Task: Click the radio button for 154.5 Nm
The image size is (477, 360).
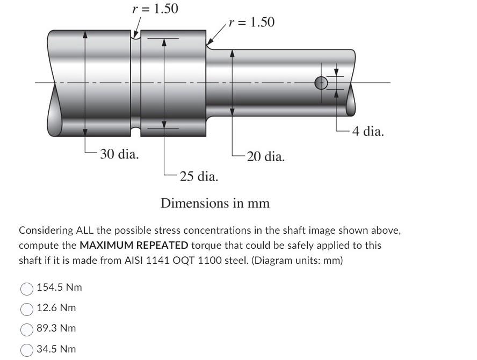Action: coord(27,289)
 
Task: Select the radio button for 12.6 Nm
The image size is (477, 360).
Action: coord(27,309)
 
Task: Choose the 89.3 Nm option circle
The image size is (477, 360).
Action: coord(27,329)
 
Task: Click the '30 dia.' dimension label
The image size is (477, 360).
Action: coord(119,155)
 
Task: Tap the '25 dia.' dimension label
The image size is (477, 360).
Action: coord(199,176)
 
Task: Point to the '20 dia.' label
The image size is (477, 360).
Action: coord(266,157)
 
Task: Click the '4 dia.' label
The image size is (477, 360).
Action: coord(368,131)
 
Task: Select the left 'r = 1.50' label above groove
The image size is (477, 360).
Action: coord(155,9)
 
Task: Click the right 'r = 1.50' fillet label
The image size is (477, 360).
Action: coord(251,22)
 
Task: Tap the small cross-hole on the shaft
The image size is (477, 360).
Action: coord(321,83)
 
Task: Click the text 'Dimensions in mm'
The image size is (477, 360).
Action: coord(215,204)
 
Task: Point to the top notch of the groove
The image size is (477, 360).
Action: coord(136,35)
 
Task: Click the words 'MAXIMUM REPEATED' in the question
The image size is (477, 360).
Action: coord(134,246)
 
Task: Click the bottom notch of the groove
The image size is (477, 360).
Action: coord(136,131)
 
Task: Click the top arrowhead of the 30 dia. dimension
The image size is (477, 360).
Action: coord(85,33)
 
